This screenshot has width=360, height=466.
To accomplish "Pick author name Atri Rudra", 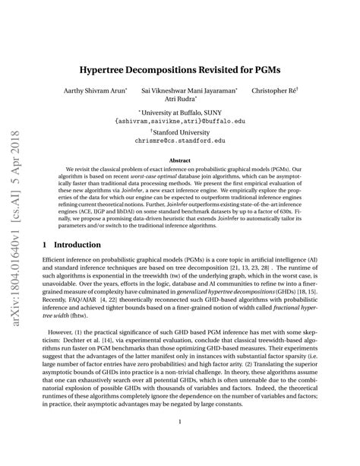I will [x=181, y=100].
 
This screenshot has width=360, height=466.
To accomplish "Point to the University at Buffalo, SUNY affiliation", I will [x=181, y=113].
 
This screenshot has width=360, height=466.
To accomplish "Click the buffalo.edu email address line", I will [x=181, y=121].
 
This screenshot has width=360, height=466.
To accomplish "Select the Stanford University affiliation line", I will [x=181, y=132].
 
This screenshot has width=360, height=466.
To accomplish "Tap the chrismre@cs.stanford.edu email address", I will [x=181, y=140].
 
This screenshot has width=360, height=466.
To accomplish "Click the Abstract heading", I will [x=180, y=160].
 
